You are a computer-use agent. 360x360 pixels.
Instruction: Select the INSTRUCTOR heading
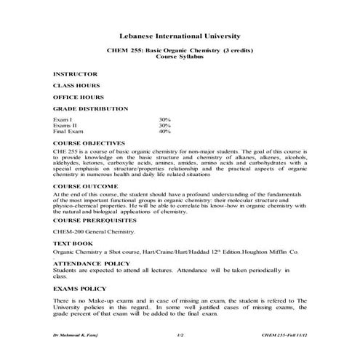click(x=74, y=74)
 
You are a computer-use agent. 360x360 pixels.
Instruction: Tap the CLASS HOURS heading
click(x=76, y=86)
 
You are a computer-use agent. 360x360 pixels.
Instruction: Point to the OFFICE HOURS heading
click(x=78, y=97)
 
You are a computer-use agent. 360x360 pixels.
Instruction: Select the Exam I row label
click(x=63, y=119)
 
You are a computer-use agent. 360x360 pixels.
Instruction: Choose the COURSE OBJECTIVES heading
click(x=89, y=143)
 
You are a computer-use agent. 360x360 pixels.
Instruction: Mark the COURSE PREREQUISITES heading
click(x=95, y=219)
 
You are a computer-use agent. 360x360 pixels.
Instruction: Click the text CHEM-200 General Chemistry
click(x=94, y=231)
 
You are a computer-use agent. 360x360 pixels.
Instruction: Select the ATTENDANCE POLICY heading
click(x=92, y=263)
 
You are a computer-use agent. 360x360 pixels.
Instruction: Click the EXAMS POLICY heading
click(x=80, y=289)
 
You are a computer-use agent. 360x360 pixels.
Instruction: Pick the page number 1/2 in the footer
click(x=180, y=334)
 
